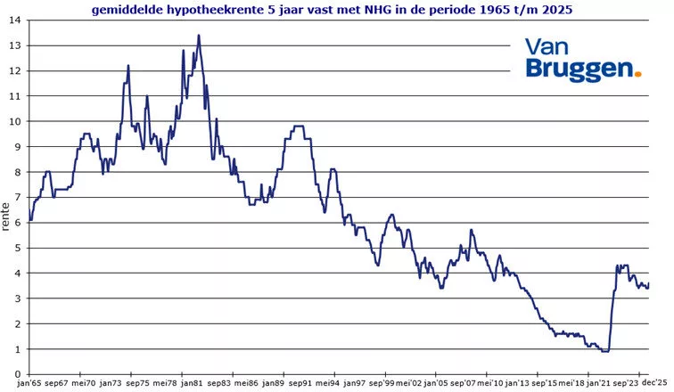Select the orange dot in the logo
click(x=637, y=75)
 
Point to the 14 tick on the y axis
click(x=16, y=20)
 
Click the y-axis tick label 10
click(x=16, y=121)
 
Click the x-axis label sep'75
click(x=138, y=383)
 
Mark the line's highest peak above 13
click(x=198, y=36)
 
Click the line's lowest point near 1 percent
click(x=605, y=351)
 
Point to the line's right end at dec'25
click(x=649, y=284)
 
